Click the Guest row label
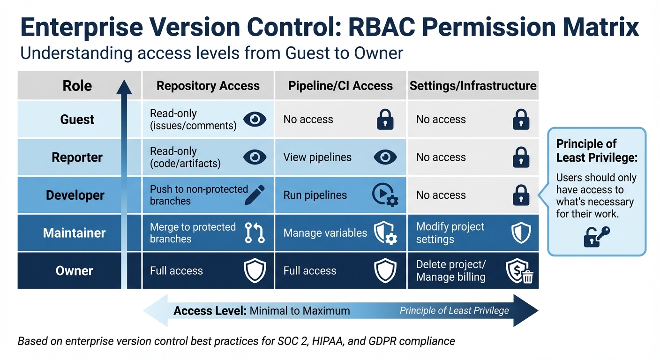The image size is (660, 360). tap(77, 120)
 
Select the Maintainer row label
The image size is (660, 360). tap(74, 233)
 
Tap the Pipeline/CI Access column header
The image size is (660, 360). tap(340, 86)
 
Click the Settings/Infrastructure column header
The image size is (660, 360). tap(473, 86)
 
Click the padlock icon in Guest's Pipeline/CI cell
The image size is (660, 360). tap(385, 120)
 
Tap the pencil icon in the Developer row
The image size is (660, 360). tap(255, 195)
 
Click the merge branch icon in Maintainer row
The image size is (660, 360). tap(255, 233)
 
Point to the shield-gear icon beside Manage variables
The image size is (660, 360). tap(385, 233)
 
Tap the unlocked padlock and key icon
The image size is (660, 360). tap(596, 236)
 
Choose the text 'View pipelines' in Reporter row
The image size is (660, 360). tap(317, 157)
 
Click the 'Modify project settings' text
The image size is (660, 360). tap(450, 233)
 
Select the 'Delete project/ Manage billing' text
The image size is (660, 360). tap(451, 271)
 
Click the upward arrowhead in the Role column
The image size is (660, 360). tap(124, 88)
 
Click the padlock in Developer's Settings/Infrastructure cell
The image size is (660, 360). tap(521, 195)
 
